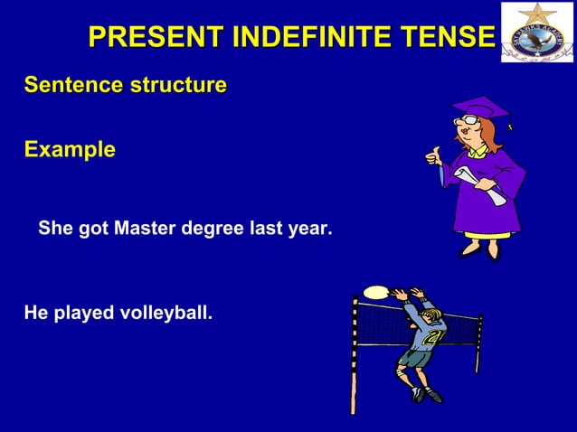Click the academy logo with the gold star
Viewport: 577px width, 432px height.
pyautogui.click(x=537, y=33)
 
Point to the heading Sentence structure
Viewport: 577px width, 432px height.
pyautogui.click(x=125, y=86)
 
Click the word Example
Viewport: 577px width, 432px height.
pyautogui.click(x=70, y=149)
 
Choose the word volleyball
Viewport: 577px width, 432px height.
pyautogui.click(x=165, y=314)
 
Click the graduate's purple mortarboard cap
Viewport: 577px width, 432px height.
pyautogui.click(x=480, y=111)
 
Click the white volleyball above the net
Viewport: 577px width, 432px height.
pyautogui.click(x=374, y=292)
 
